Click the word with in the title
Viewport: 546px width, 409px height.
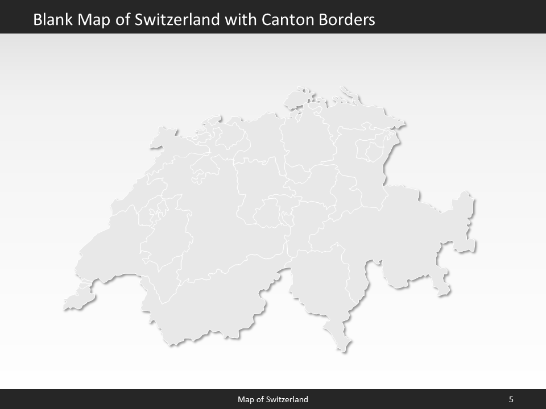pos(241,20)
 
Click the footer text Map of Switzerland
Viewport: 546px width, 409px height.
pos(273,399)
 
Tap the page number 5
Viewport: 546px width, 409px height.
pos(511,399)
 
